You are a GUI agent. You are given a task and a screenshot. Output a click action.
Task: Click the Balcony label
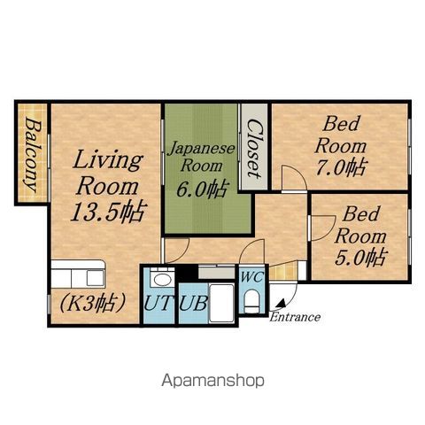pyautogui.click(x=33, y=154)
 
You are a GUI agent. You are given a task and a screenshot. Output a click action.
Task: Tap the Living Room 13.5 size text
pyautogui.click(x=108, y=211)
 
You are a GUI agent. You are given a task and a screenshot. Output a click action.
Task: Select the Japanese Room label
pyautogui.click(x=202, y=157)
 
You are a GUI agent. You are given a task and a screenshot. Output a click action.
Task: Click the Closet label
pyautogui.click(x=253, y=149)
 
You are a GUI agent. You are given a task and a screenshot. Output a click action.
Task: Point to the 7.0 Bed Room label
pyautogui.click(x=342, y=146)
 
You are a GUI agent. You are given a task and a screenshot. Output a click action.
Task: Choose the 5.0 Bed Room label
pyautogui.click(x=360, y=236)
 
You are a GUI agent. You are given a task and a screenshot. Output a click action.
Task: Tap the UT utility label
pyautogui.click(x=158, y=303)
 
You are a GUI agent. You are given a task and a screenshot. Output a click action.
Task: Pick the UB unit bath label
pyautogui.click(x=193, y=303)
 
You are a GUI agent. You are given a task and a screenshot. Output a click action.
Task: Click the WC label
pyautogui.click(x=252, y=277)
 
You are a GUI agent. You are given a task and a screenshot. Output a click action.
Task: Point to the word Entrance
pyautogui.click(x=295, y=317)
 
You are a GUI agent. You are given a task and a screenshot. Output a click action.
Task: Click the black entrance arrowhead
pyautogui.click(x=282, y=304)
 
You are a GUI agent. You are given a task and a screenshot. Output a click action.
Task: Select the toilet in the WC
pyautogui.click(x=251, y=300)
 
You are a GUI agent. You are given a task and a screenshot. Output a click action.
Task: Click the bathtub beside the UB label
pyautogui.click(x=221, y=304)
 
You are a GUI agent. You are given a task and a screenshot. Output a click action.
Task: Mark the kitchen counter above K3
pyautogui.click(x=78, y=274)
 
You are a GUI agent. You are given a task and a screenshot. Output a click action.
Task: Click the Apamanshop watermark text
pyautogui.click(x=212, y=381)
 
